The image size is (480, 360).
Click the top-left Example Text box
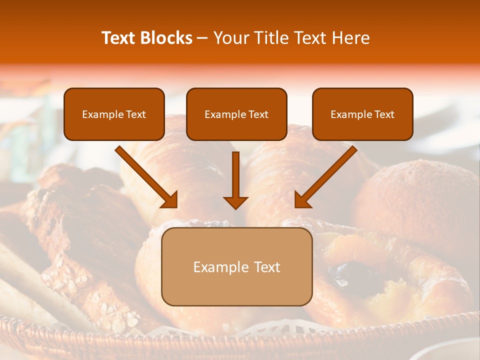114,114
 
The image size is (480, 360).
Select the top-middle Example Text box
236,114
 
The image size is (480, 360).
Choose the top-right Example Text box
362,114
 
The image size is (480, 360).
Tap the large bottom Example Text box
236,266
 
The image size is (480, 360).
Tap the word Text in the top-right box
384,114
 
